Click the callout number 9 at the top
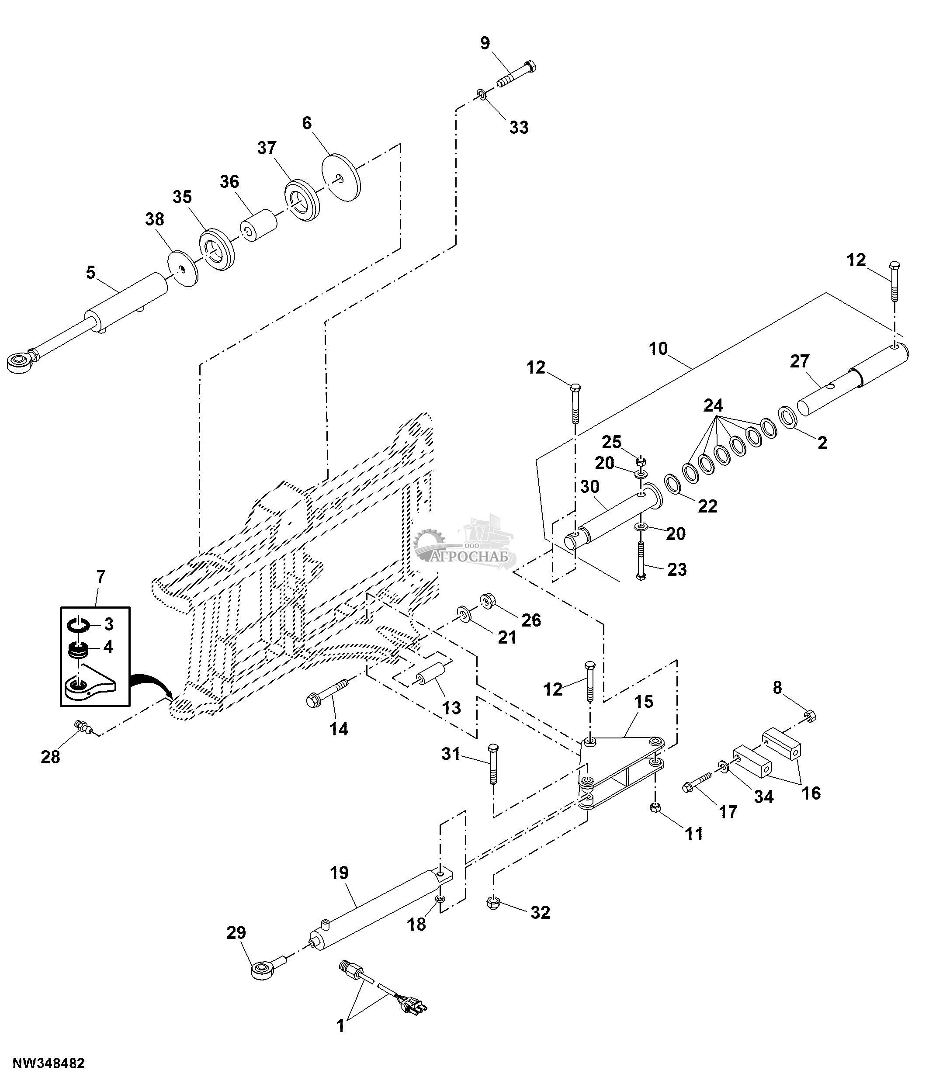[485, 43]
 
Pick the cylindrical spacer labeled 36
[259, 226]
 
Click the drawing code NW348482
[49, 1063]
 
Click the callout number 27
[800, 361]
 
